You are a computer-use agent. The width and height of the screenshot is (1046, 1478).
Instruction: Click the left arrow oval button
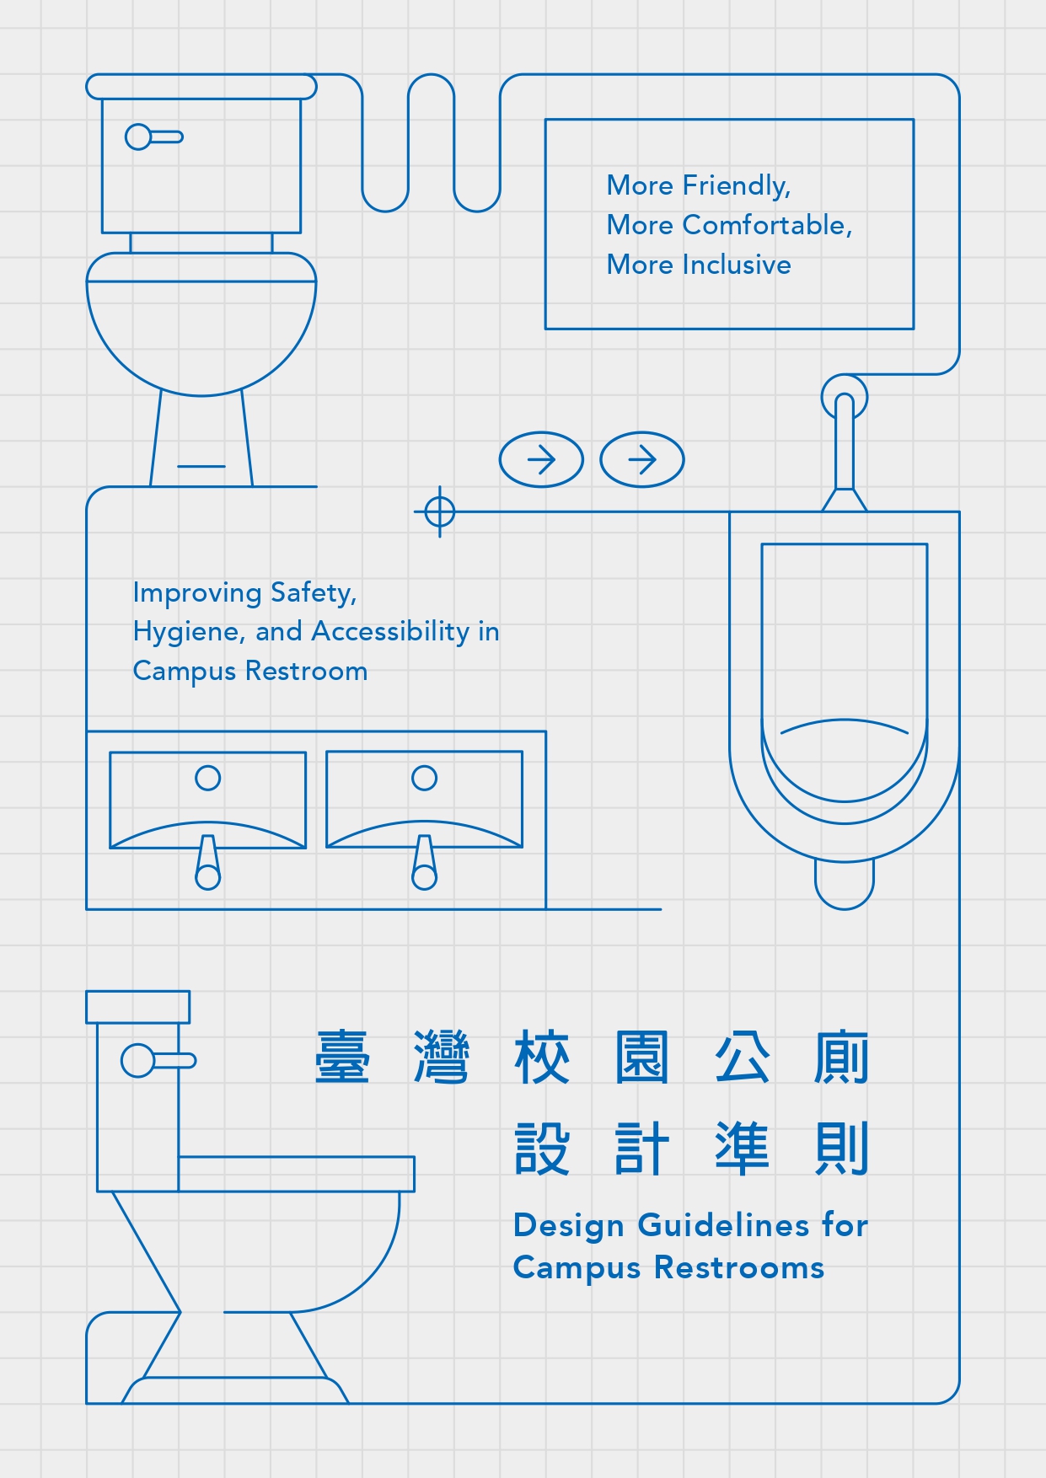[x=541, y=460]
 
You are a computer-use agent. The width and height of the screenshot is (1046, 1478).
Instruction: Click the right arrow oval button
[x=641, y=460]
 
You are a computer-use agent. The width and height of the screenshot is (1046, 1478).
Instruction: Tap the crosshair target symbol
[x=439, y=511]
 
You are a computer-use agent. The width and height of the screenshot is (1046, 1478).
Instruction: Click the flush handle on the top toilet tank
[x=153, y=137]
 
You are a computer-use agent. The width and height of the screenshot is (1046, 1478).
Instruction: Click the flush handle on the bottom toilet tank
[x=157, y=1060]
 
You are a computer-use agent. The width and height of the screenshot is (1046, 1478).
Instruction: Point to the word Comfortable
[x=766, y=225]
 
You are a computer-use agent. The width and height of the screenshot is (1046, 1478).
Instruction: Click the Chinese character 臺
[x=342, y=1057]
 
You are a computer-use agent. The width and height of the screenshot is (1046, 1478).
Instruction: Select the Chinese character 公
[x=741, y=1057]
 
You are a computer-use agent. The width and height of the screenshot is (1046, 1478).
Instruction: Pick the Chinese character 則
[x=840, y=1148]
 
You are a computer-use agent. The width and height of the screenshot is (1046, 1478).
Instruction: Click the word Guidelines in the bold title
[x=723, y=1225]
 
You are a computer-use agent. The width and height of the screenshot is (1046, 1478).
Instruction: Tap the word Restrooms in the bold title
[x=738, y=1267]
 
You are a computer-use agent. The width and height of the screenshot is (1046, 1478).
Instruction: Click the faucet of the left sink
[x=207, y=865]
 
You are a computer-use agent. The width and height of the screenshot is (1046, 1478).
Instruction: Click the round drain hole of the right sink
[x=424, y=778]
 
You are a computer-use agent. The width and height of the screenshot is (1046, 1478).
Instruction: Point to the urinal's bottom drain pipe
[x=844, y=885]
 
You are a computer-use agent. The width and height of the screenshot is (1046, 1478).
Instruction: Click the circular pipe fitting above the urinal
[x=844, y=397]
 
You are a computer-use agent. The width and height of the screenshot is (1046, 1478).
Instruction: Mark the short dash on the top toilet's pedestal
[x=201, y=466]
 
